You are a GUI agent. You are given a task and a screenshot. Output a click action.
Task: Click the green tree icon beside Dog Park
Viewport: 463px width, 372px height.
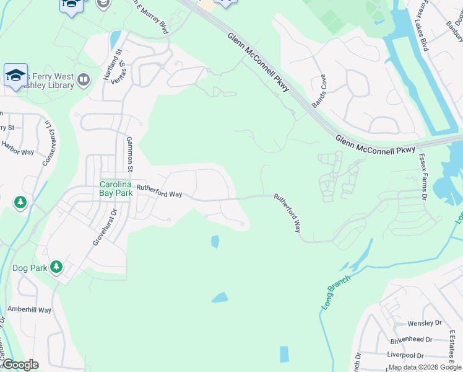pos(56,267)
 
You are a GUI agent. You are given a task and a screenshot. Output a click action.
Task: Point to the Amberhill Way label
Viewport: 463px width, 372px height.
pos(29,309)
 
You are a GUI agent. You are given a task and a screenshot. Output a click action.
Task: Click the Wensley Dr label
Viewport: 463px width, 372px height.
pos(424,323)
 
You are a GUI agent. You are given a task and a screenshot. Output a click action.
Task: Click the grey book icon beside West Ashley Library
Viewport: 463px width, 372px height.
pos(84,79)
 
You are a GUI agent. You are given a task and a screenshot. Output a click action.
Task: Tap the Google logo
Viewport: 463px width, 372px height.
pos(20,365)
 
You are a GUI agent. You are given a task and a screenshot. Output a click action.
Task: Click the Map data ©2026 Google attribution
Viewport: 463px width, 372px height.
pos(425,367)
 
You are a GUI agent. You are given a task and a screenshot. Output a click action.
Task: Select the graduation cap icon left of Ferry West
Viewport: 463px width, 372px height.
pos(15,76)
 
